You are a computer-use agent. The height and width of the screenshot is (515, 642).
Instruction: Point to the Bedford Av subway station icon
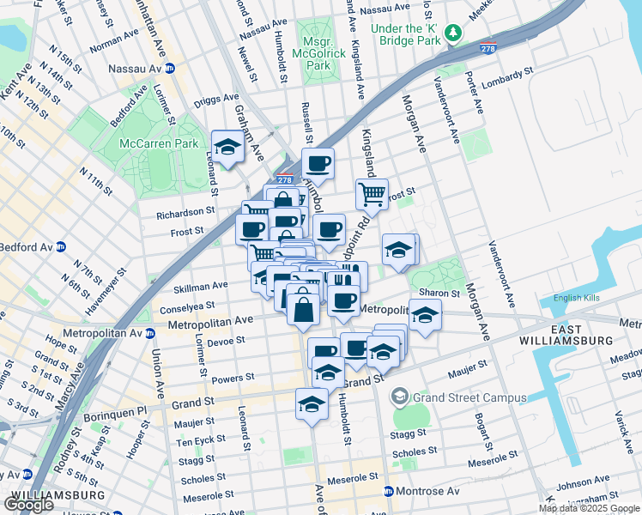(x=61, y=247)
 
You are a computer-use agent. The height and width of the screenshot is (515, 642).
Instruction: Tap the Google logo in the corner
(x=28, y=505)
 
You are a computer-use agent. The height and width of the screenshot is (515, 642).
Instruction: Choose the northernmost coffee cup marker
(x=318, y=162)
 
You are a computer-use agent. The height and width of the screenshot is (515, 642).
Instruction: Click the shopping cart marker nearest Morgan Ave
(x=372, y=193)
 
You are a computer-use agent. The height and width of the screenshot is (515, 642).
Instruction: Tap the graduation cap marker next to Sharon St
(x=425, y=314)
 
